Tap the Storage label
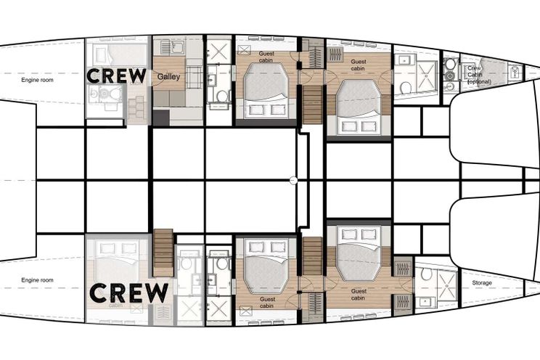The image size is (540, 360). [x=482, y=282]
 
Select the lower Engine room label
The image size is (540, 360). [x=37, y=280]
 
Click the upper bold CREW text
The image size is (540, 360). [x=116, y=75]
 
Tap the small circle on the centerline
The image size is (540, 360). [x=292, y=180]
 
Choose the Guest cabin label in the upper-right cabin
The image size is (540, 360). [x=359, y=65]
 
